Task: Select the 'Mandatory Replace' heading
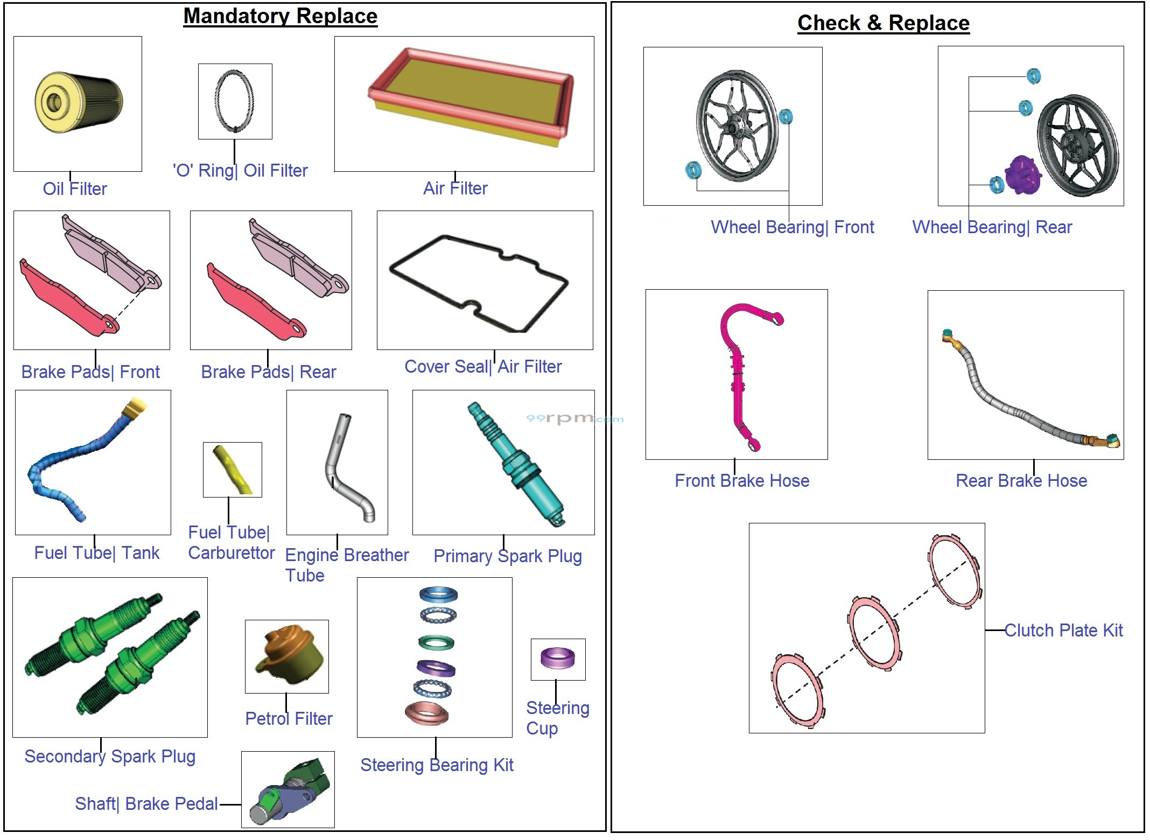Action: click(280, 16)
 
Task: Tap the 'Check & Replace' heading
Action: click(883, 23)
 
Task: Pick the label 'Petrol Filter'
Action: click(289, 718)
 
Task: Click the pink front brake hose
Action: click(738, 377)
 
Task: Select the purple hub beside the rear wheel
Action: click(1021, 175)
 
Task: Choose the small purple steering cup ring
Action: click(557, 657)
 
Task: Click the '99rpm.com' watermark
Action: click(574, 418)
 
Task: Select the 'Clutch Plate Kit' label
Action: click(1063, 630)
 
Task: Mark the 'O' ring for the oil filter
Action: click(235, 101)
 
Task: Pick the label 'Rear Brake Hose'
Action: click(1021, 480)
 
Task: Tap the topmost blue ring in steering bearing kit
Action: click(438, 594)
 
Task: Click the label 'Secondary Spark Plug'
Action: click(110, 757)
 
